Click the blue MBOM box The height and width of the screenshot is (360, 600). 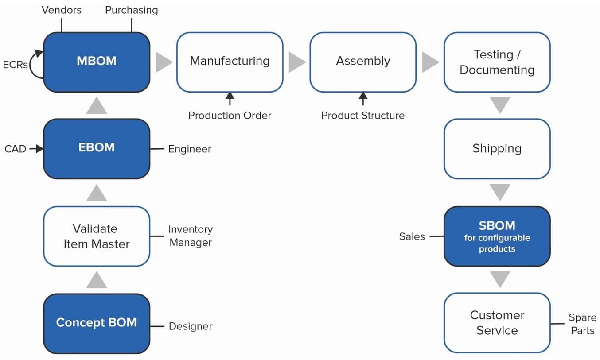click(97, 62)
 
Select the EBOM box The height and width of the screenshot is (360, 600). click(97, 148)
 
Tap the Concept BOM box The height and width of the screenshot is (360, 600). click(97, 323)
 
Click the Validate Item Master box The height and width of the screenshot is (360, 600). click(97, 236)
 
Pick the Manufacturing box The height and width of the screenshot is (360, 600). click(230, 62)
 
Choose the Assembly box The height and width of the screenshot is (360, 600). click(363, 62)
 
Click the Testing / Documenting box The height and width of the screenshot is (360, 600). click(497, 62)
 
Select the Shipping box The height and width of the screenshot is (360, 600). click(497, 149)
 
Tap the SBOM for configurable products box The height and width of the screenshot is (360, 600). click(497, 236)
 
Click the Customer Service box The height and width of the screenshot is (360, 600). click(497, 323)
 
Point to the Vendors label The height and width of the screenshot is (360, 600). click(62, 10)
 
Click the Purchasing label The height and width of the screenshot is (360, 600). click(131, 10)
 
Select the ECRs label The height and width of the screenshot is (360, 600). click(15, 65)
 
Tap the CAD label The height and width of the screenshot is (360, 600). click(15, 149)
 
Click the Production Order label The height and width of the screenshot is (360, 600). click(230, 116)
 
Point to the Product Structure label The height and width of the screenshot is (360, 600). click(363, 116)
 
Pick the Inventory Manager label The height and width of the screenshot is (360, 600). click(191, 236)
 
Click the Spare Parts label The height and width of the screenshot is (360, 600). click(582, 324)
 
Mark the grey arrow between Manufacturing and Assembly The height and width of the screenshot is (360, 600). click(297, 62)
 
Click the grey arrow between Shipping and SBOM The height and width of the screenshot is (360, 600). click(499, 192)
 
